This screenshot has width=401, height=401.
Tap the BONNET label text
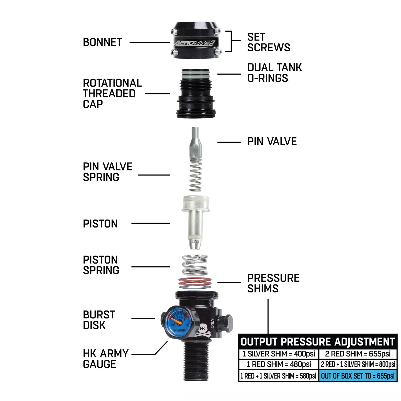click(x=102, y=42)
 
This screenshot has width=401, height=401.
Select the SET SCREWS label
click(x=268, y=42)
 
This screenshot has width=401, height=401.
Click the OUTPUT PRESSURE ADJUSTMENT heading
click(x=317, y=342)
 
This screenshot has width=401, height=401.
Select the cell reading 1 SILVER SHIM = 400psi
click(x=278, y=354)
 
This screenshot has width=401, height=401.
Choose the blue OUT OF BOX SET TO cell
click(x=358, y=376)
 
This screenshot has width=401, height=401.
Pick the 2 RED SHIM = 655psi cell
click(x=358, y=354)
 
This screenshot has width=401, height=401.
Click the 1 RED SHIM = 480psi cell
click(x=278, y=364)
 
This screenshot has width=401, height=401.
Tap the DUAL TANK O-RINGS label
click(x=274, y=73)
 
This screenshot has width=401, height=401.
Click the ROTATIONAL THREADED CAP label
click(x=112, y=94)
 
